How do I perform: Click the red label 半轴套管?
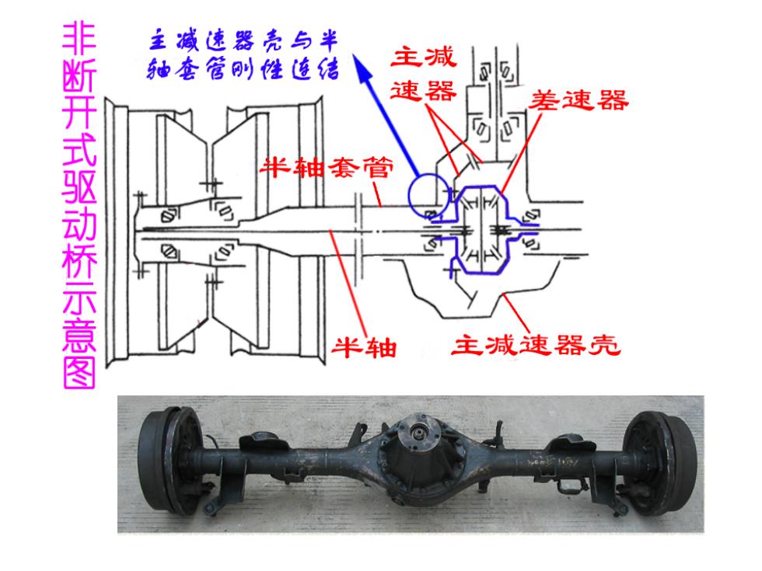(x=326, y=169)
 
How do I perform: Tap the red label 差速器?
(x=578, y=100)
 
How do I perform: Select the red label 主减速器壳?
(x=536, y=345)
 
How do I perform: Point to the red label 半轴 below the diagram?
(x=364, y=347)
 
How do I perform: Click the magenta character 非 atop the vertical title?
(x=79, y=39)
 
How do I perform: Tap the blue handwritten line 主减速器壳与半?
(x=243, y=41)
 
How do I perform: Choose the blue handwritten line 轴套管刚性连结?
(x=243, y=69)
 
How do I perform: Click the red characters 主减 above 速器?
(x=423, y=57)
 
